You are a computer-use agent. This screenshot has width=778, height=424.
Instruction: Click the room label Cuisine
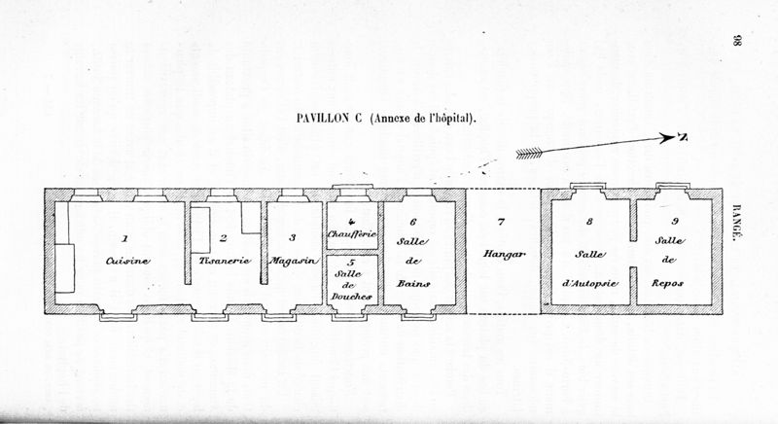pos(127,261)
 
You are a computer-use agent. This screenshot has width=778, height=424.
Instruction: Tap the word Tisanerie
pos(225,261)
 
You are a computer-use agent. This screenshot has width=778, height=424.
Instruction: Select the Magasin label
pos(294,261)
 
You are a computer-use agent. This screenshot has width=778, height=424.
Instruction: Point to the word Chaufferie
pos(352,233)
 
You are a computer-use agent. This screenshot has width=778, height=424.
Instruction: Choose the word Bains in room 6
pos(413,284)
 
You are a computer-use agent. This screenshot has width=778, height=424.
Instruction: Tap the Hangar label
pos(504,254)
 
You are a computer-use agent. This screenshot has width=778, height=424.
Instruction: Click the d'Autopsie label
pos(590,284)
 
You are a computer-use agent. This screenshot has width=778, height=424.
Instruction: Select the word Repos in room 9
pos(667,284)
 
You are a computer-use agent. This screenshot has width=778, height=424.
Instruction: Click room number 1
pos(125,238)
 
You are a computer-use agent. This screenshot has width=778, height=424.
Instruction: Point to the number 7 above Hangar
pos(501,222)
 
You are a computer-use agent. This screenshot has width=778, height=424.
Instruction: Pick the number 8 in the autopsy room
pos(589,222)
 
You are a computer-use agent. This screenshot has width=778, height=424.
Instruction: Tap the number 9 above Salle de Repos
pos(675,221)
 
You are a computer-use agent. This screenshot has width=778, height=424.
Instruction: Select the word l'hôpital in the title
pos(451,119)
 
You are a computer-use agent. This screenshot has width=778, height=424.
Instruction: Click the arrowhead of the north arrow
pos(671,138)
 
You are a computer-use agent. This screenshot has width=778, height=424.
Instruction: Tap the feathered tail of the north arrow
pos(529,155)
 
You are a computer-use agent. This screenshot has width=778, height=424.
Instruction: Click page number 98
pos(736,41)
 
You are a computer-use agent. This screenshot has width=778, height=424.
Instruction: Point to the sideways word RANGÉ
pos(737,223)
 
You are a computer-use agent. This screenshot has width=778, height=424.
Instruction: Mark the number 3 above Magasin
pos(293,237)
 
